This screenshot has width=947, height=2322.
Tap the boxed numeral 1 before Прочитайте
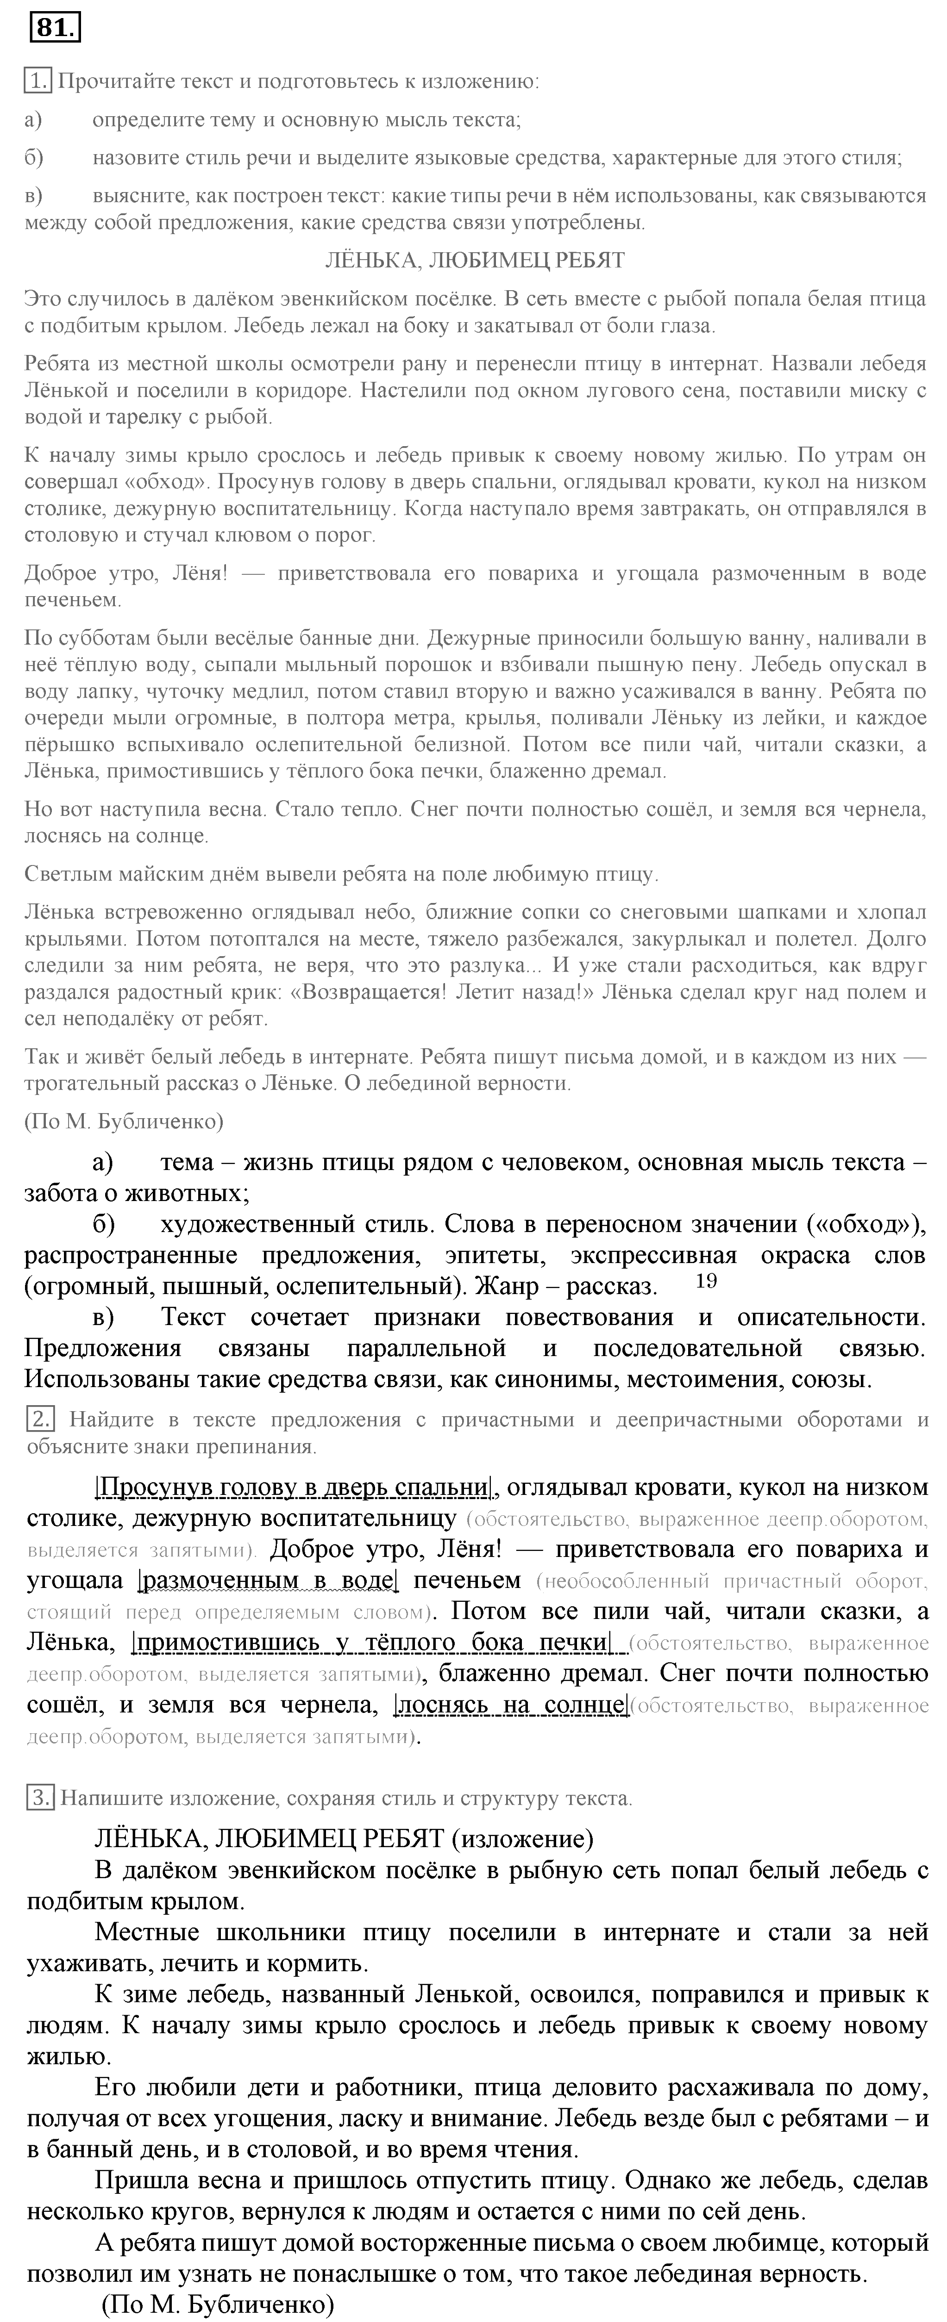coord(38,82)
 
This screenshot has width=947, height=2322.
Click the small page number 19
coord(707,1281)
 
